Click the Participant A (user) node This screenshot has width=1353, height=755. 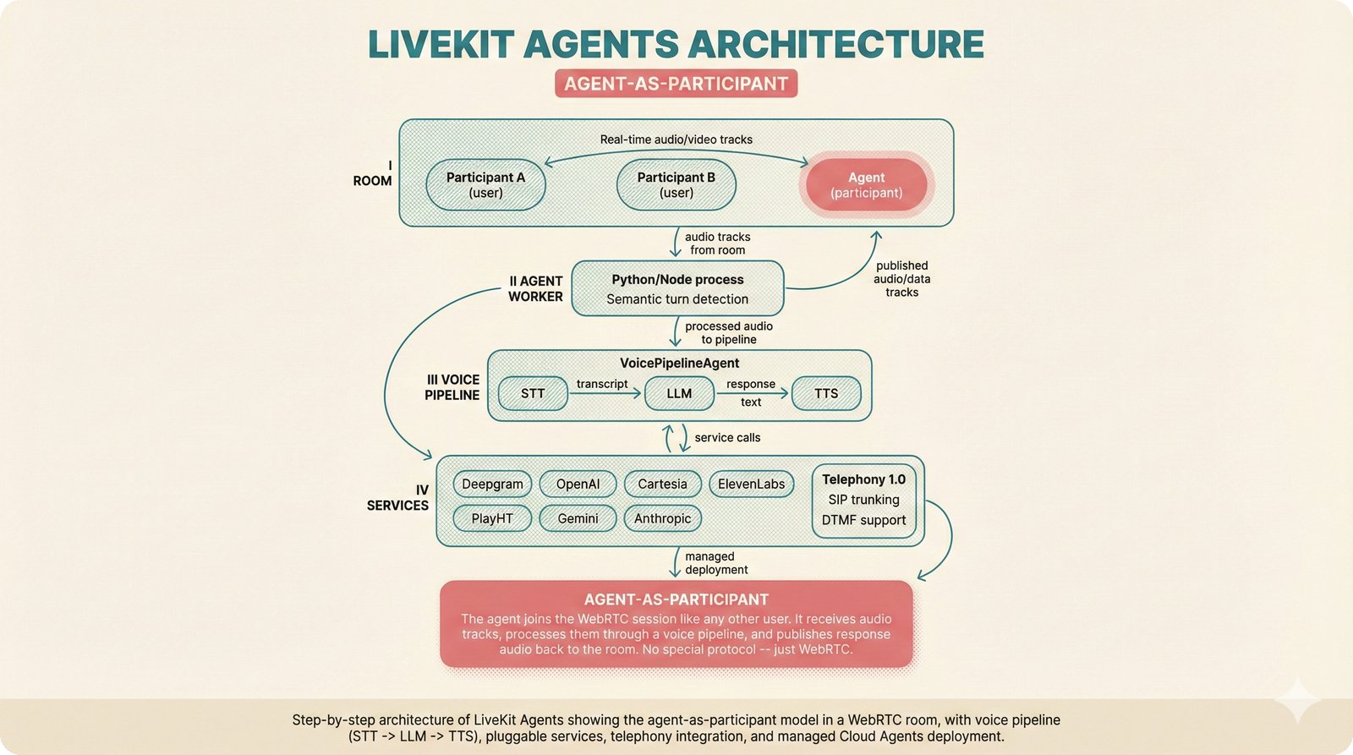click(x=485, y=185)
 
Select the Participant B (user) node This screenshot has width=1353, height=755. click(x=676, y=185)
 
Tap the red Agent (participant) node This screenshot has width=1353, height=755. click(x=866, y=185)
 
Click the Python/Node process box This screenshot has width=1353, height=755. click(x=677, y=289)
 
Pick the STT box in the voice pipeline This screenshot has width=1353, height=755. click(x=533, y=394)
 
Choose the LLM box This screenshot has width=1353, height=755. click(x=679, y=394)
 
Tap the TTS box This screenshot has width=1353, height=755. click(x=826, y=394)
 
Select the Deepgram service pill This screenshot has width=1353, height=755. click(x=492, y=484)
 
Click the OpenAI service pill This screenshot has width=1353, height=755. click(x=578, y=484)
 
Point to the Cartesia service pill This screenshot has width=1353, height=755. click(x=662, y=484)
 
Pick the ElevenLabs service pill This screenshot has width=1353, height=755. click(x=751, y=484)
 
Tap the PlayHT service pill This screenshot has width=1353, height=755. click(x=492, y=518)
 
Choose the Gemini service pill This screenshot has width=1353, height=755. click(x=578, y=518)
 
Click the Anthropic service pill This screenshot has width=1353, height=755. click(x=662, y=518)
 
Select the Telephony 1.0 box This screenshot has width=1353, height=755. click(x=863, y=501)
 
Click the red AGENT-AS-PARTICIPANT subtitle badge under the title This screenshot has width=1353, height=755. click(x=676, y=84)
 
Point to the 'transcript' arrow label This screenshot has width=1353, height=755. click(x=602, y=384)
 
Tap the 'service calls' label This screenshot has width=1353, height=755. click(x=727, y=438)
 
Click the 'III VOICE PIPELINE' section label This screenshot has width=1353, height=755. click(x=452, y=387)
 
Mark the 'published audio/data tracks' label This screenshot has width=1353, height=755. click(x=901, y=279)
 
